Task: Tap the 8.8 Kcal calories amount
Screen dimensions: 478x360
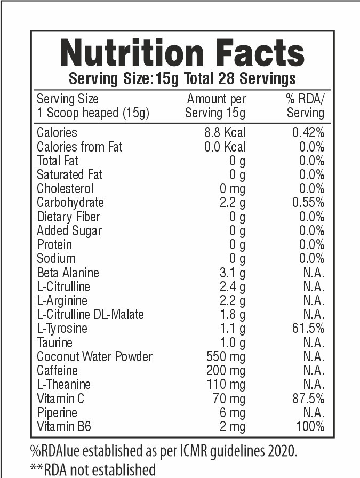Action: tap(226, 133)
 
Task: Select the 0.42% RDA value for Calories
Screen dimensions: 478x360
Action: tap(308, 133)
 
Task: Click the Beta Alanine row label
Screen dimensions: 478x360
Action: tap(68, 273)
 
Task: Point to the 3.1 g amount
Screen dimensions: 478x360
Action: tap(233, 273)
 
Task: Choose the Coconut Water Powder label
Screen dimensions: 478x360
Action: tap(94, 356)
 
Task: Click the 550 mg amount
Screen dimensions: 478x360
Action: tap(226, 356)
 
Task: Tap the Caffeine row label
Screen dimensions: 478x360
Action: tap(57, 370)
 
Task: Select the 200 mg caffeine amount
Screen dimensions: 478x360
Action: tap(226, 370)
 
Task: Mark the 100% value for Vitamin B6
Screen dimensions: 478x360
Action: tap(311, 426)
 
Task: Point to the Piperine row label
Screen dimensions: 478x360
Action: tap(57, 412)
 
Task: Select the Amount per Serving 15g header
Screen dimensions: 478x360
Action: tap(215, 106)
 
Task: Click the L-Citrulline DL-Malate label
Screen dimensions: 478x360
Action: tap(90, 314)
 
